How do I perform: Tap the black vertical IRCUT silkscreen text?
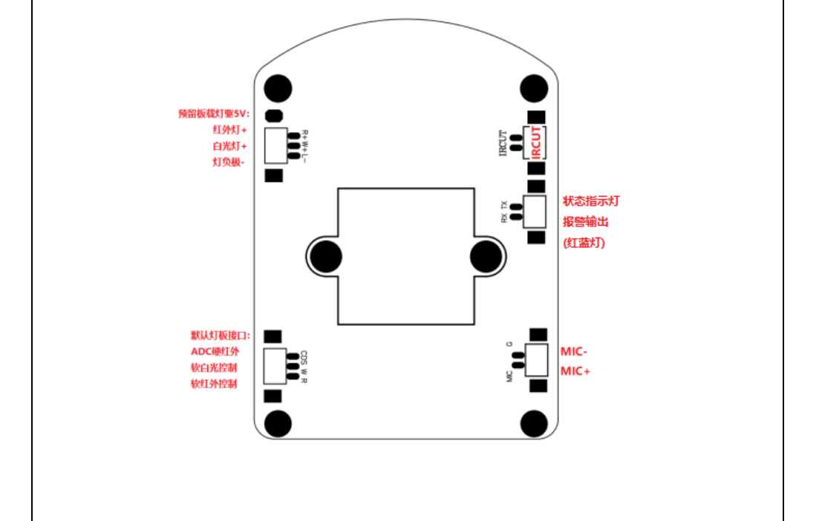point(503,143)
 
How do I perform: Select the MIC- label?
point(574,351)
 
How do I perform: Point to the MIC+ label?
point(575,371)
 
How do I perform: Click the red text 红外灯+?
point(230,130)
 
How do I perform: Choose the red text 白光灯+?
point(230,145)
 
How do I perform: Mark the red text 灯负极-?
point(229,162)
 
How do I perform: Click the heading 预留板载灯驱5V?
point(215,114)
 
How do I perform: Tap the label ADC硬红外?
point(215,351)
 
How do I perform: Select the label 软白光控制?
point(215,367)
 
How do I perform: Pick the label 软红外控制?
point(215,384)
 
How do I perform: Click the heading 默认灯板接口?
point(221,335)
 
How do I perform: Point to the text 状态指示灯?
point(591,201)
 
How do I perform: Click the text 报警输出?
point(586,222)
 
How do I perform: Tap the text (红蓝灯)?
point(584,243)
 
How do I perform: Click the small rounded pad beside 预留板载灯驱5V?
point(274,115)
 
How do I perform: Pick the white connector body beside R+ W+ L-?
point(275,145)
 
